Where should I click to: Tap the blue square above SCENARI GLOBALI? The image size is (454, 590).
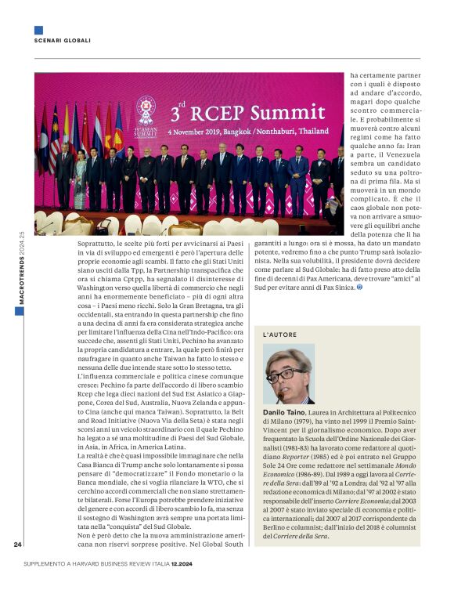(x=38, y=30)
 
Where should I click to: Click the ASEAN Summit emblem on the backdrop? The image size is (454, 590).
(x=146, y=110)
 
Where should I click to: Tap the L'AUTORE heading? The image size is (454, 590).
(x=280, y=335)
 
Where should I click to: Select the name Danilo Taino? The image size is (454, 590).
(x=283, y=412)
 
